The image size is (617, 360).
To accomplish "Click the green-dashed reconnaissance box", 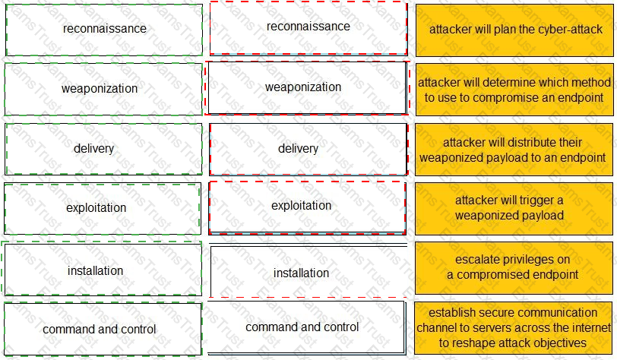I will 104,30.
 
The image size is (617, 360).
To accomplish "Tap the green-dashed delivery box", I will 104,148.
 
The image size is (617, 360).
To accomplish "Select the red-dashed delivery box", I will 308,148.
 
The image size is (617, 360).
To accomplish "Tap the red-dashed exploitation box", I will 307,207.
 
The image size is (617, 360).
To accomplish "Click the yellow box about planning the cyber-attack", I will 514,30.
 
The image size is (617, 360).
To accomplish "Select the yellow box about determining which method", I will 514,89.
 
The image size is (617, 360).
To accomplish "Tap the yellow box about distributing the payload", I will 514,149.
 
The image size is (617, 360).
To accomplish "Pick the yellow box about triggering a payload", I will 514,207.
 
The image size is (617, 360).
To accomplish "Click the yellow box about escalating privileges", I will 514,267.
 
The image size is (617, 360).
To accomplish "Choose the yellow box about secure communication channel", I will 514,327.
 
